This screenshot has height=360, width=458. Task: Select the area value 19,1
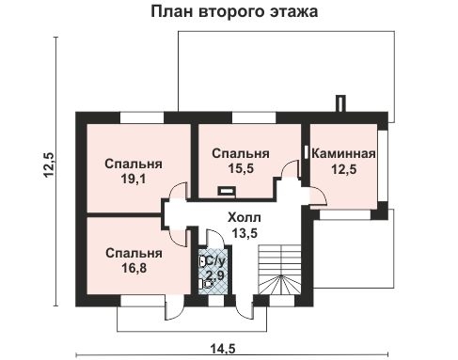tap(133, 179)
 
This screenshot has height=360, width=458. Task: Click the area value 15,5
tap(240, 170)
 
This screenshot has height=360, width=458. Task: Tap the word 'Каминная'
tap(344, 153)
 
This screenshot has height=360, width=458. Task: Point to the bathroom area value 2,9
tap(215, 274)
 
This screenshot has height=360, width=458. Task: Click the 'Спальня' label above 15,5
tap(240, 154)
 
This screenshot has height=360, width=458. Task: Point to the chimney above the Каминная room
tap(336, 103)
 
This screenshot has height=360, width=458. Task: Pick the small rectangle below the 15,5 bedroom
tap(226, 191)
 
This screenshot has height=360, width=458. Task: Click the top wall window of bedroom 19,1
tap(137, 117)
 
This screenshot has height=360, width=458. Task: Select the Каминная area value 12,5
tap(344, 169)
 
